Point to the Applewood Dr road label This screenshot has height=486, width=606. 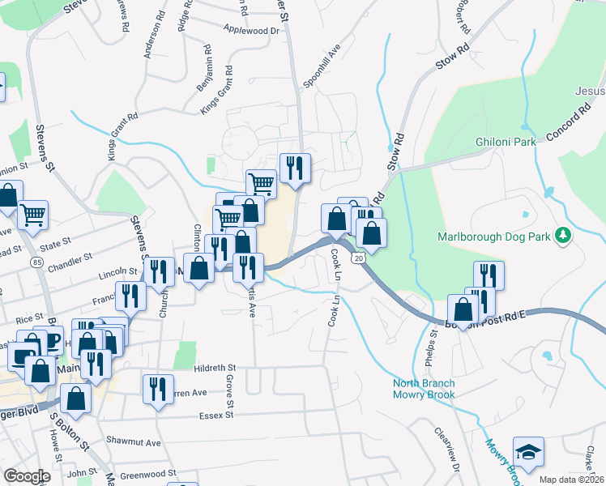(x=251, y=30)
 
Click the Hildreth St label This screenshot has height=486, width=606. (x=214, y=368)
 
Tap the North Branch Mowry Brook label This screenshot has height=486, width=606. (x=424, y=389)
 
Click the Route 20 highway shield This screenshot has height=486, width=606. (x=358, y=257)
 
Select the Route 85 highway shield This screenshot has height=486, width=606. (x=37, y=262)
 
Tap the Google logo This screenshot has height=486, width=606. (x=28, y=475)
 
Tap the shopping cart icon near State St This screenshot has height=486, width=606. (x=33, y=215)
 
